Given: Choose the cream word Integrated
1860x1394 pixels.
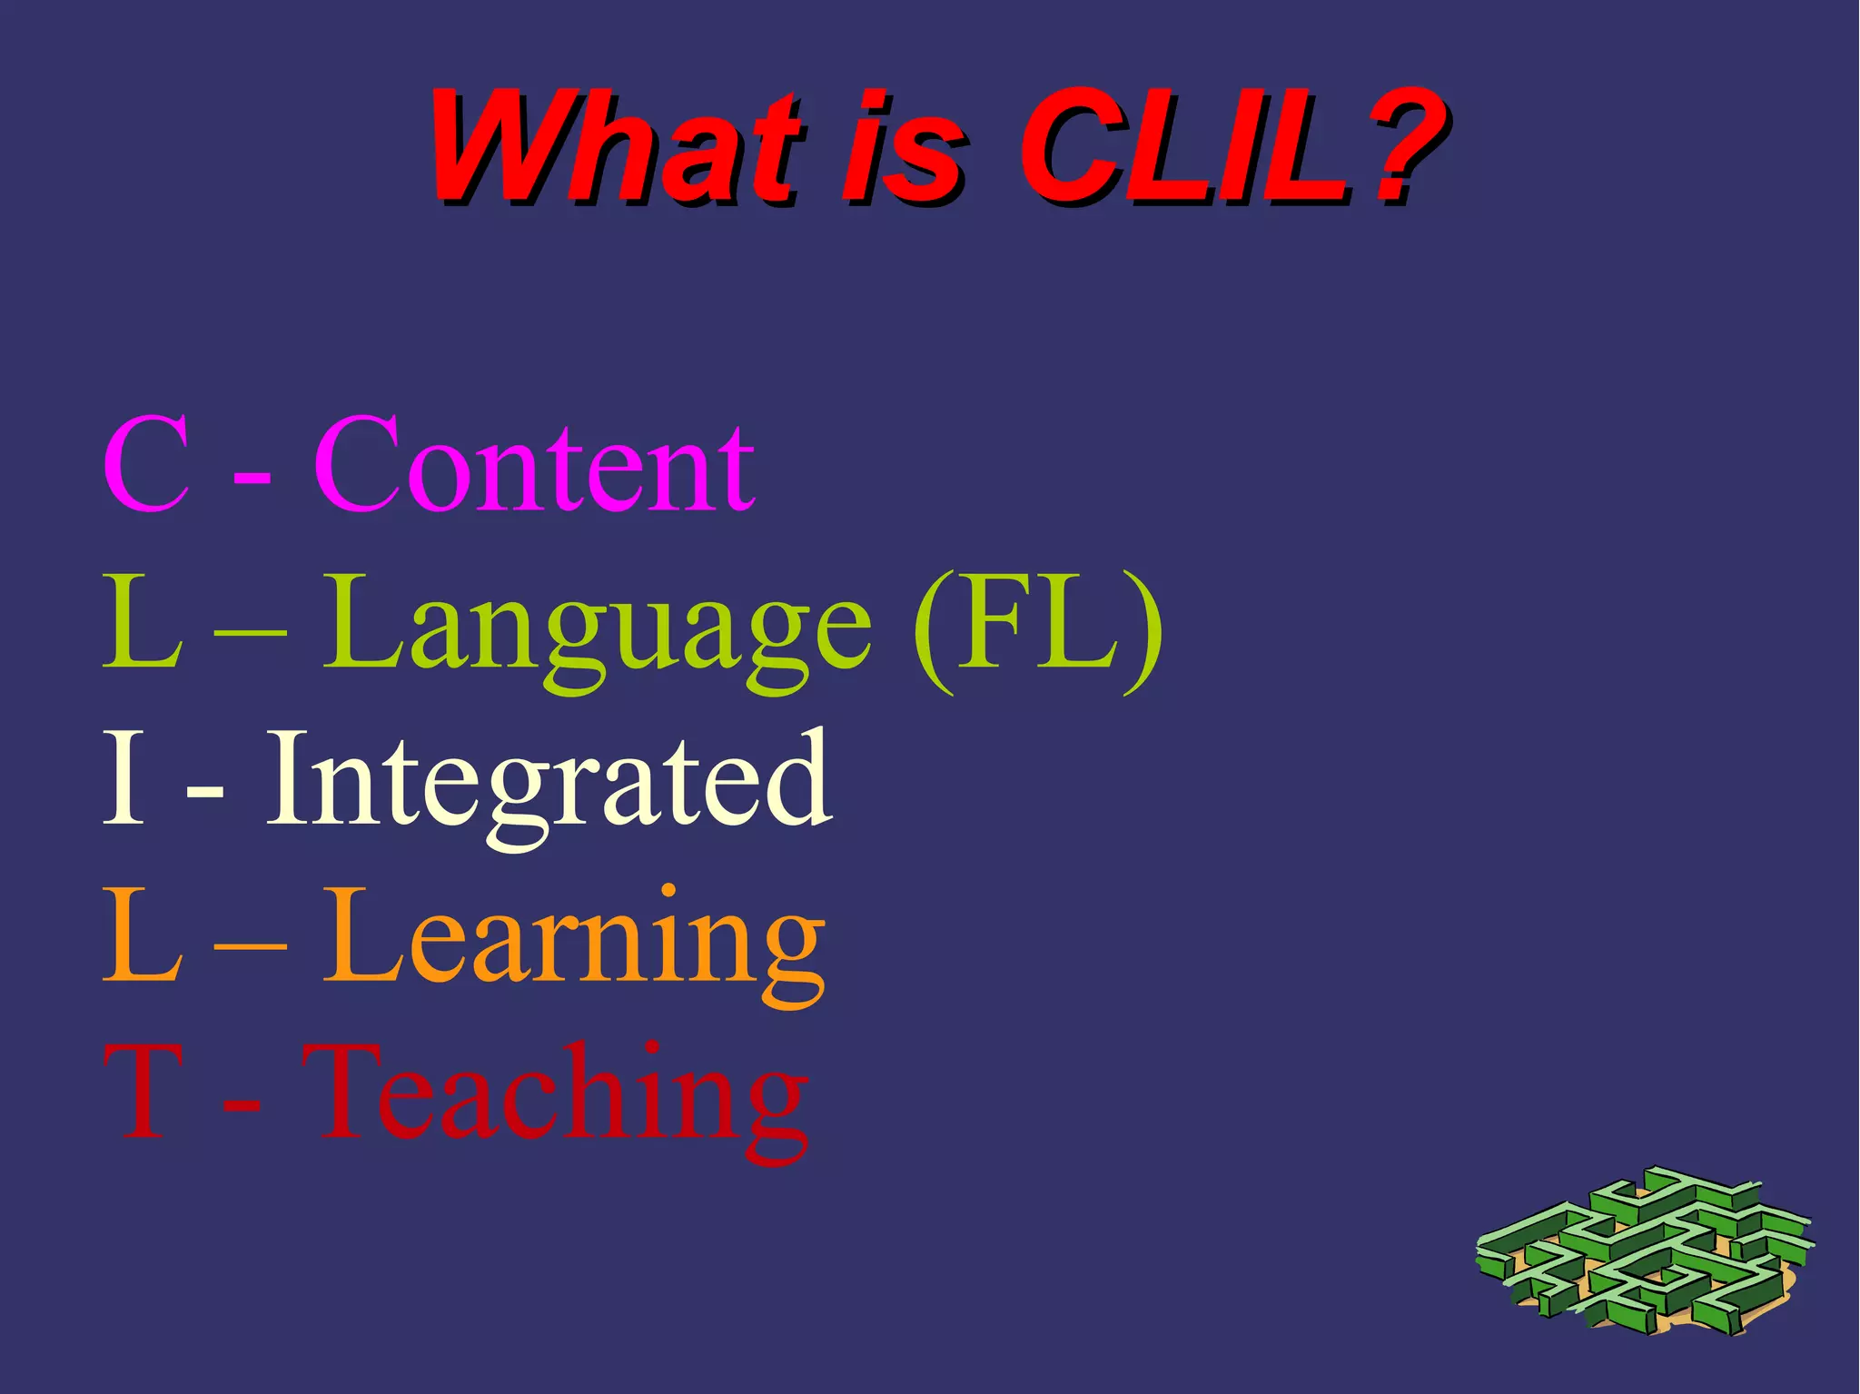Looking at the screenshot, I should coord(549,781).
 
